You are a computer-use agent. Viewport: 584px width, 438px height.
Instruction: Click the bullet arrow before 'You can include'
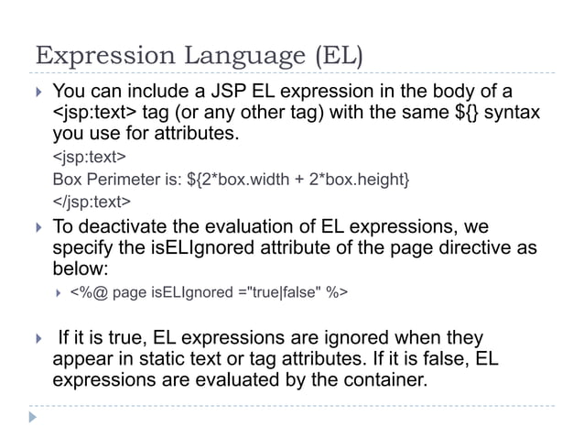point(37,93)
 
